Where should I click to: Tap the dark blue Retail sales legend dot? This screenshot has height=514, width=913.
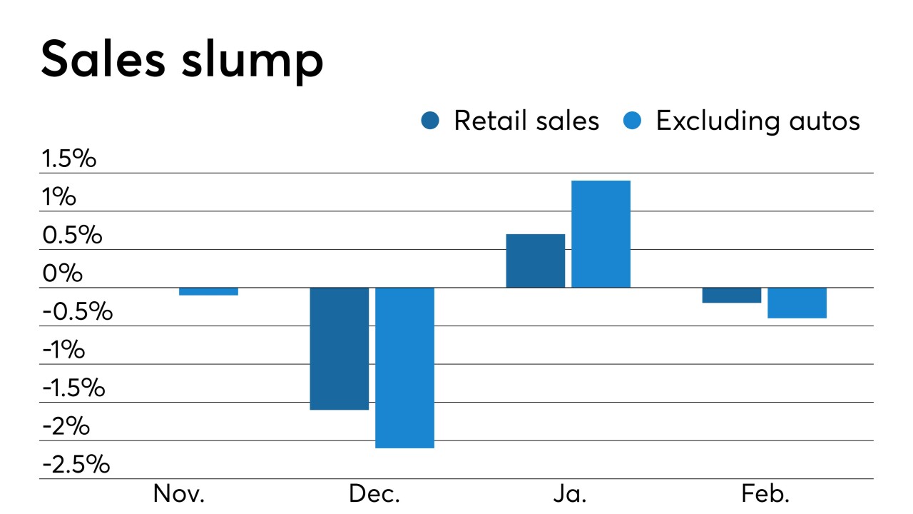click(x=431, y=121)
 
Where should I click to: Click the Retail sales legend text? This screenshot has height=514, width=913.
click(x=526, y=121)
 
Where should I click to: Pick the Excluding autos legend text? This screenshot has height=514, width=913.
click(x=758, y=121)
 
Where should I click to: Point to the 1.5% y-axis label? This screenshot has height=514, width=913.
click(x=68, y=158)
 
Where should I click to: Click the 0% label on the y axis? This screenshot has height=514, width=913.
click(x=61, y=273)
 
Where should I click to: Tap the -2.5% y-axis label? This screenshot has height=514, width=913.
click(x=76, y=465)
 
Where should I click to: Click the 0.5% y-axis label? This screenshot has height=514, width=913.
click(x=71, y=235)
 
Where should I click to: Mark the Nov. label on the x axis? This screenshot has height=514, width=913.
click(x=179, y=494)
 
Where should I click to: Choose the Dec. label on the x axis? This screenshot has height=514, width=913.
click(x=374, y=494)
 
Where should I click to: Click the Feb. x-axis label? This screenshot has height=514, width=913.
click(x=766, y=494)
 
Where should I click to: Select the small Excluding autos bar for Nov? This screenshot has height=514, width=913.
click(x=208, y=291)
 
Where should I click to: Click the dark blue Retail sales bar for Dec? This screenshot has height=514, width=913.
click(x=339, y=348)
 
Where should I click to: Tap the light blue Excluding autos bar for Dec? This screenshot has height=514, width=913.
click(x=404, y=368)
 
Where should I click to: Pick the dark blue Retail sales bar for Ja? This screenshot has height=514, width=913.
click(x=535, y=261)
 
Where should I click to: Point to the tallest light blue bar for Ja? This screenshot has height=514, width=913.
click(x=601, y=234)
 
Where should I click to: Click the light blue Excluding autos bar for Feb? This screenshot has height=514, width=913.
click(x=797, y=303)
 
